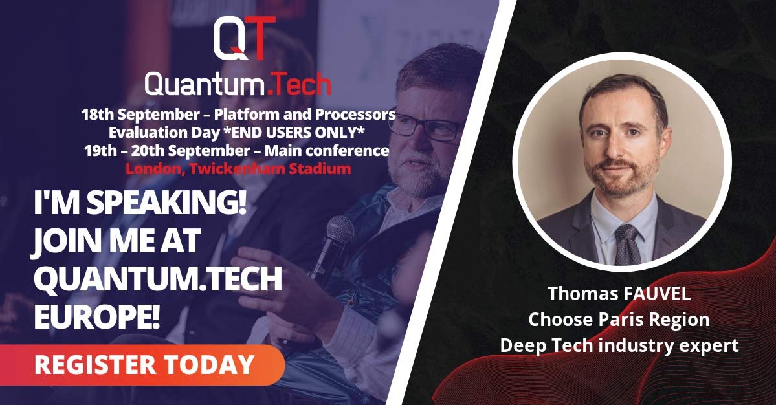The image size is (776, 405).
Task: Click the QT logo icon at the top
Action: pos(244,38)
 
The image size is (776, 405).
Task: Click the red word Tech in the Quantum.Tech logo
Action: pos(302,83)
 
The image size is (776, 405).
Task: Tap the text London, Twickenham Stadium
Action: pos(238,169)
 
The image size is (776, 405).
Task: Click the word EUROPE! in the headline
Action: pos(97,318)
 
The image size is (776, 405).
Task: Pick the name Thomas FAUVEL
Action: pos(619,294)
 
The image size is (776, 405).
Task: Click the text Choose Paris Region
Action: pos(619,320)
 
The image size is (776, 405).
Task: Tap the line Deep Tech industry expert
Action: pos(619,345)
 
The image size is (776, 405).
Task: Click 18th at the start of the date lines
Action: pos(98,115)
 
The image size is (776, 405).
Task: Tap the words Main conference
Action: pos(327,150)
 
